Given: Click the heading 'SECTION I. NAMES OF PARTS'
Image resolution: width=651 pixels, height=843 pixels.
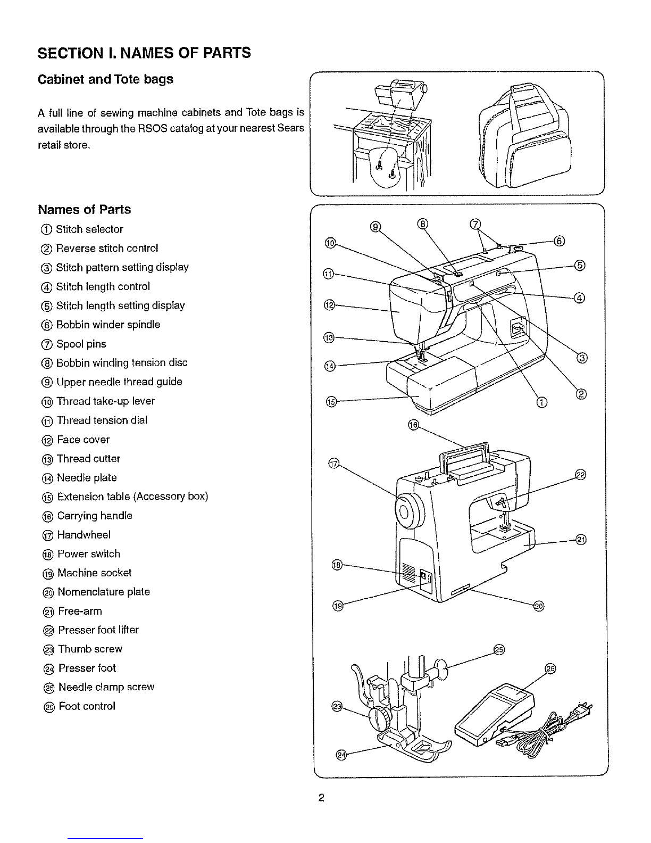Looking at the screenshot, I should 144,53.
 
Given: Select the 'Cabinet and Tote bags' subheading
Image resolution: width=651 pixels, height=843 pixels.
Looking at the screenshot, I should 106,79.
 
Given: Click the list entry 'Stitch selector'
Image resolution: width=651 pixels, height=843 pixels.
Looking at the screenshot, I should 89,229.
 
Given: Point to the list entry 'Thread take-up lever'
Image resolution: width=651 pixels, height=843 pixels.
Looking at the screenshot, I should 105,401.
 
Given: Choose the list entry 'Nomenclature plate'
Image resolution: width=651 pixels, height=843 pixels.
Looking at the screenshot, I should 103,592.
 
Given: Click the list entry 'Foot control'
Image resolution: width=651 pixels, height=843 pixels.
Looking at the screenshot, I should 87,706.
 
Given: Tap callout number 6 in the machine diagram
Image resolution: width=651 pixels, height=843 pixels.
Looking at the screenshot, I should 558,241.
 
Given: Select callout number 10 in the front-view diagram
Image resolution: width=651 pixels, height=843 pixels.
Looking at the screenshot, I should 330,243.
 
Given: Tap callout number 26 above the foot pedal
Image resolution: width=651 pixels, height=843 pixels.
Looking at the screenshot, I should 550,669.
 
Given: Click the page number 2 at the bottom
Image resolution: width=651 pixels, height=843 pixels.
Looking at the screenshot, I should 321,797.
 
